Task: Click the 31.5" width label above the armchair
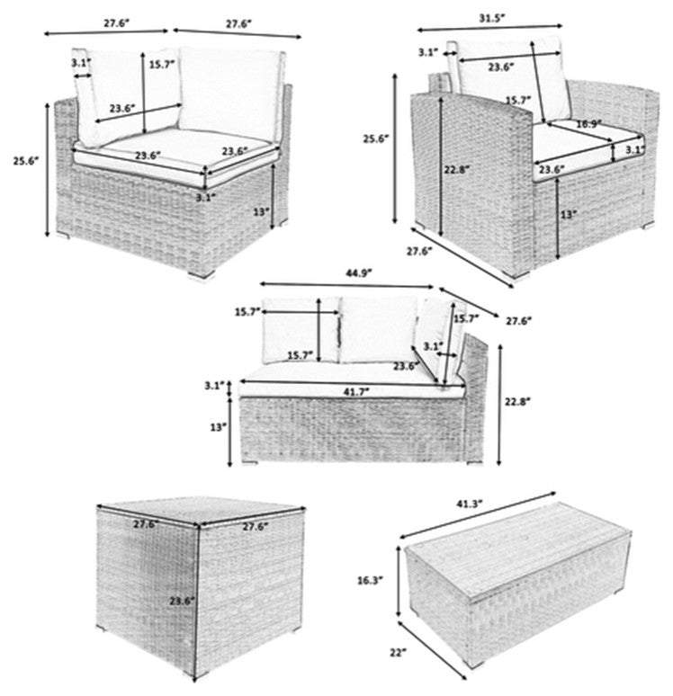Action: pos(491,18)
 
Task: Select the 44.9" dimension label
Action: pos(358,273)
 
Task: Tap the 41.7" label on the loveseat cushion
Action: pos(355,391)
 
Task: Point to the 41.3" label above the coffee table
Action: pos(469,504)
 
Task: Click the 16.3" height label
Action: pos(370,580)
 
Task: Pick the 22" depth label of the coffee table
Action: pos(398,652)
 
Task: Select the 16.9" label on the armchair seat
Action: pos(588,124)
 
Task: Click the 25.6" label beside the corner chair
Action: pos(25,161)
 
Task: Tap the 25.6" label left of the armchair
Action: pos(375,138)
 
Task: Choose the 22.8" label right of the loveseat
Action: pos(517,401)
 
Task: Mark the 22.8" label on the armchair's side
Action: pos(456,169)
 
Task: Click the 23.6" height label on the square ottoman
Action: pos(182,601)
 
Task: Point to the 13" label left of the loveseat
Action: pos(219,427)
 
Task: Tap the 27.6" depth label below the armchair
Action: pos(419,251)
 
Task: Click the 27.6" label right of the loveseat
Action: pos(518,320)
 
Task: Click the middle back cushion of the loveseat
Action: pos(379,329)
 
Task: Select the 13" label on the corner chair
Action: pos(261,211)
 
